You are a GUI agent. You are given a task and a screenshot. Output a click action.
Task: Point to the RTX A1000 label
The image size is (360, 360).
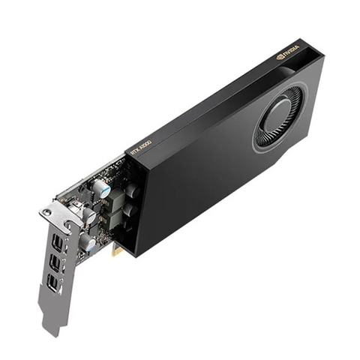141,147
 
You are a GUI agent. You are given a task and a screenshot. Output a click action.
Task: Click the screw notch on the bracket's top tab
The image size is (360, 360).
48,213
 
